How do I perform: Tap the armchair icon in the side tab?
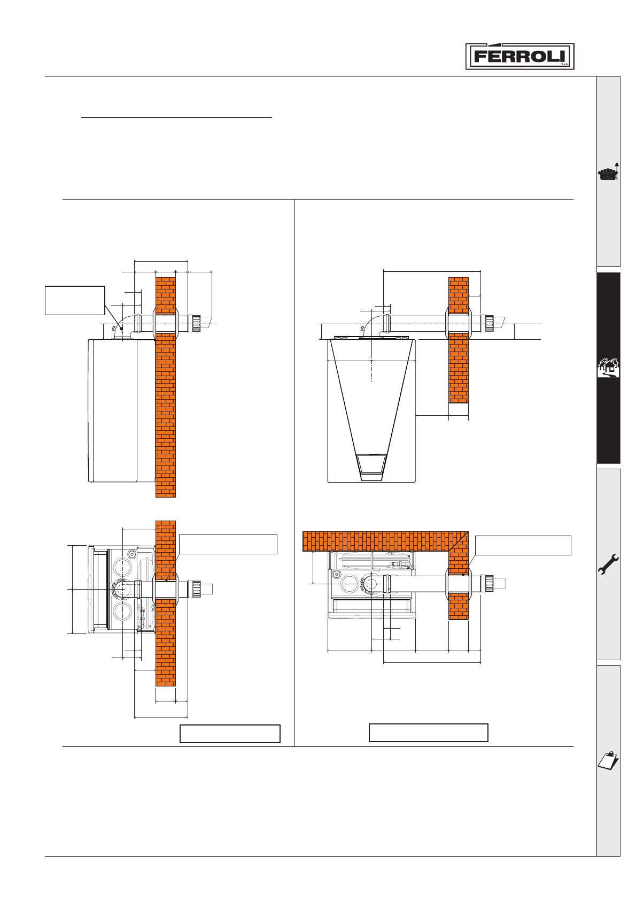point(608,172)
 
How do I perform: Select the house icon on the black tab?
point(608,367)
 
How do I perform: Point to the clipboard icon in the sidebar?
point(608,761)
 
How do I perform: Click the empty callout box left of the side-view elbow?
point(75,301)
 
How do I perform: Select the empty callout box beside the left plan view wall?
point(228,544)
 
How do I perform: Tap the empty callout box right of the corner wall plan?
point(523,545)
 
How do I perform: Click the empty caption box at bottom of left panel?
point(230,734)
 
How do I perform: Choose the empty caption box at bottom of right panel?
point(428,732)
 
